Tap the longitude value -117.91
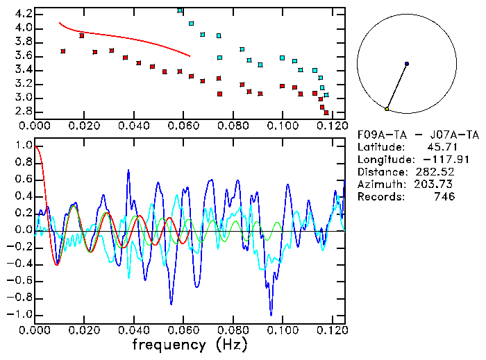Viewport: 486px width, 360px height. [438, 159]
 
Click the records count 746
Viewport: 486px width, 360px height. [444, 196]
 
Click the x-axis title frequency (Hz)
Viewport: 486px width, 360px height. [190, 344]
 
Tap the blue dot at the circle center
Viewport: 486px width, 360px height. [407, 64]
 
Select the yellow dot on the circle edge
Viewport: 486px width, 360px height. [387, 109]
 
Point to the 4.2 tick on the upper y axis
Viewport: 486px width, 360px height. [22, 14]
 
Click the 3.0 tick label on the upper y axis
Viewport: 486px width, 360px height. [22, 97]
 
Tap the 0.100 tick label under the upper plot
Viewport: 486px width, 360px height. [283, 126]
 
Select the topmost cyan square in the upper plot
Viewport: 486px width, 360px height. [181, 10]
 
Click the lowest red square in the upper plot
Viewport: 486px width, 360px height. [326, 112]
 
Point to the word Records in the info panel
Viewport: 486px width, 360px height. [379, 196]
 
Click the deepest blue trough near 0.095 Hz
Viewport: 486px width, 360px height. [271, 314]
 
